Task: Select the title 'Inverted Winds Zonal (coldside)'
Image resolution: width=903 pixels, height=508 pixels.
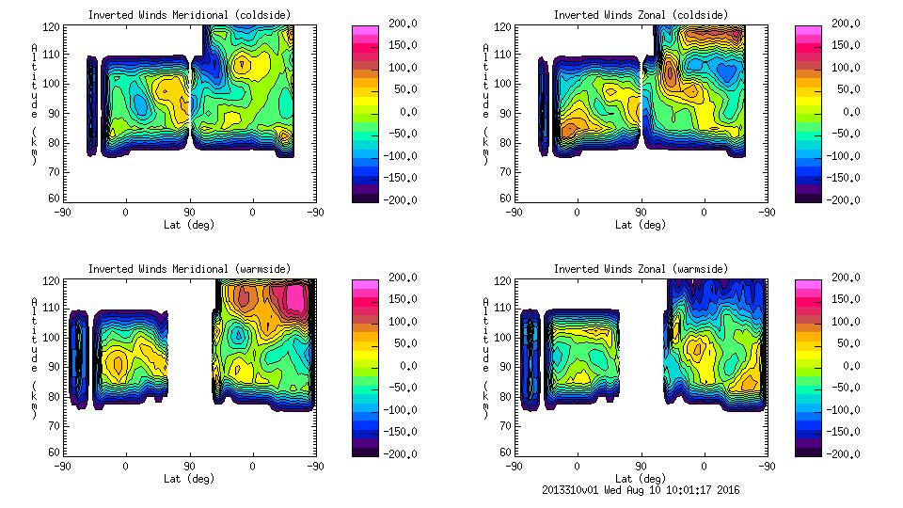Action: coord(641,15)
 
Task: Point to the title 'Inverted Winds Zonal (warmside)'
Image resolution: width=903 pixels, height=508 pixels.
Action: coord(641,269)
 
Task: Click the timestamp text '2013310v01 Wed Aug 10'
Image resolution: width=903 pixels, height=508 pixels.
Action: coord(602,489)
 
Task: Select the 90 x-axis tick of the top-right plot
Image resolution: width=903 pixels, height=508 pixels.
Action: coord(642,213)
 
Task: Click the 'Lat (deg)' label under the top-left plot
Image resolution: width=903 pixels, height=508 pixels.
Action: coord(188,225)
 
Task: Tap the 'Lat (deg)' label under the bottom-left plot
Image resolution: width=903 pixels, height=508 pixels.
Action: coord(188,479)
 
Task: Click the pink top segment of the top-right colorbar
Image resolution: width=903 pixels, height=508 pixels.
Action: coord(808,31)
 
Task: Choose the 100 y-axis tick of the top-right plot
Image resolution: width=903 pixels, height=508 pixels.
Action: coord(496,83)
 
